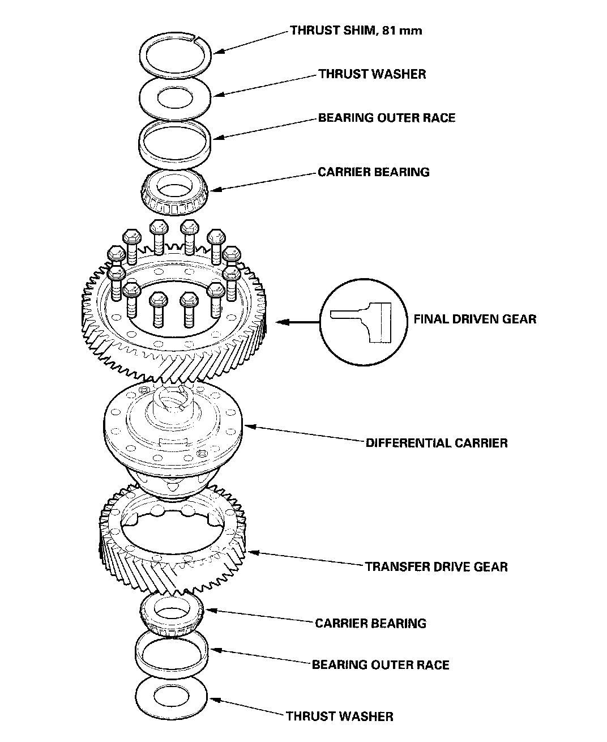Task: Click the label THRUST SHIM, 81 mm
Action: pyautogui.click(x=356, y=30)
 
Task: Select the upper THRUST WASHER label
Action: pyautogui.click(x=371, y=74)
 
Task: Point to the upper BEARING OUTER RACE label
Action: pyautogui.click(x=386, y=118)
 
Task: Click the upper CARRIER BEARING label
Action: pyautogui.click(x=373, y=172)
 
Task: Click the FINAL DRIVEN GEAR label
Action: pyautogui.click(x=475, y=319)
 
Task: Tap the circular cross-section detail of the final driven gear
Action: pyautogui.click(x=362, y=323)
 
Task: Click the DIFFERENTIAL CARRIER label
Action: pyautogui.click(x=437, y=442)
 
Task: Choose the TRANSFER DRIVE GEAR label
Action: pyautogui.click(x=436, y=566)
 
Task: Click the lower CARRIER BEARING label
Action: pyautogui.click(x=370, y=623)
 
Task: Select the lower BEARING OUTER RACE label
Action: pyautogui.click(x=381, y=664)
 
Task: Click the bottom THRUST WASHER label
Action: pyautogui.click(x=339, y=716)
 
